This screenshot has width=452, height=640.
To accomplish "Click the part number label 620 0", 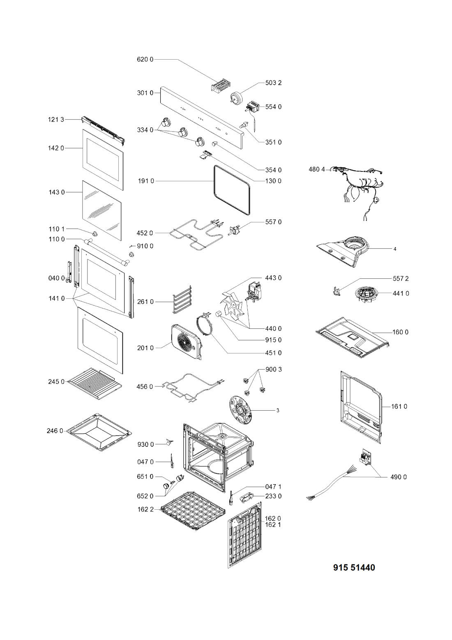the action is (145, 60).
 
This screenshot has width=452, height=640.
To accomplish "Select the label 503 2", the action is (273, 83).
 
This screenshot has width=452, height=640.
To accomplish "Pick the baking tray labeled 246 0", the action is (99, 432).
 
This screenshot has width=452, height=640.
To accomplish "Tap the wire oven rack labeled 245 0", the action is (95, 384).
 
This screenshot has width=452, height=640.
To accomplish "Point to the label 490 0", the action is (399, 477).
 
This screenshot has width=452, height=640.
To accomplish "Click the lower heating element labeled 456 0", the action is (192, 387).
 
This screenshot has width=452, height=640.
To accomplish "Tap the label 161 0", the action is (399, 406).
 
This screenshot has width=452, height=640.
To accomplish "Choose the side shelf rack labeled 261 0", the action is (182, 300).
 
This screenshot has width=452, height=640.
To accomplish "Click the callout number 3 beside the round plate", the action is (278, 411).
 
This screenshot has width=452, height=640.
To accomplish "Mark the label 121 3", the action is (56, 120).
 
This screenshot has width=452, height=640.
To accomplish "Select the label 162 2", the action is (145, 509).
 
